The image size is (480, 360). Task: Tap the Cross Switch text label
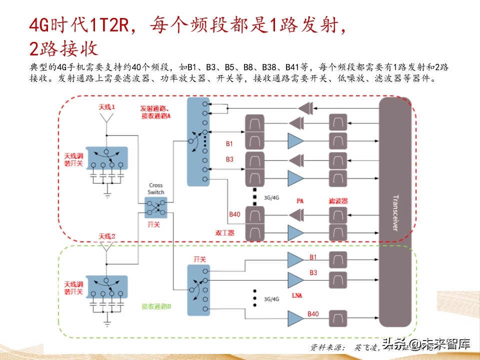(x=156, y=188)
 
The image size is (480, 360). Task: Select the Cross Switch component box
(x=155, y=206)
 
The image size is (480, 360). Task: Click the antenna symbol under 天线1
(x=106, y=118)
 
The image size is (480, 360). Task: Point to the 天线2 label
(x=107, y=236)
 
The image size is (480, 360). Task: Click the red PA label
(x=300, y=200)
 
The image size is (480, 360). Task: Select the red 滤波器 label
(x=338, y=200)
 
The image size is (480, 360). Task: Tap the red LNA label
(x=296, y=296)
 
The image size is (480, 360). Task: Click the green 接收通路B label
(x=156, y=306)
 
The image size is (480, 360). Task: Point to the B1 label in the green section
(x=313, y=257)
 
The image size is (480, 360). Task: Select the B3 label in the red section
(x=229, y=159)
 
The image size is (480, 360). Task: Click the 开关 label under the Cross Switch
(x=155, y=225)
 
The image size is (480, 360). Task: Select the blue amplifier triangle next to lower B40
(x=295, y=316)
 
